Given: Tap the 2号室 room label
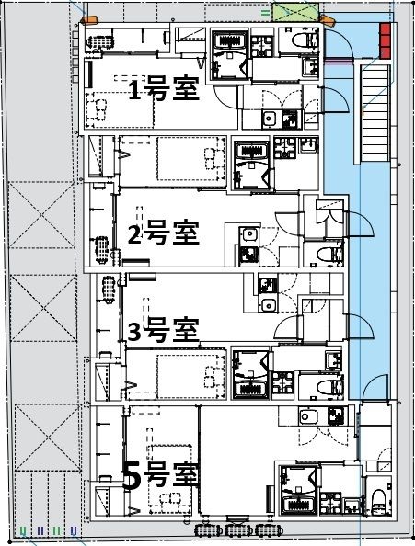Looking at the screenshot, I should [163, 233].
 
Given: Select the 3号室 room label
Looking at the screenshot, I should [162, 327].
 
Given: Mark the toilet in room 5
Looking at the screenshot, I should [377, 501].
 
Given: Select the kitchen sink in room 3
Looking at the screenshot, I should [268, 305].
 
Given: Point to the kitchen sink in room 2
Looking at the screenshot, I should [248, 254].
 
